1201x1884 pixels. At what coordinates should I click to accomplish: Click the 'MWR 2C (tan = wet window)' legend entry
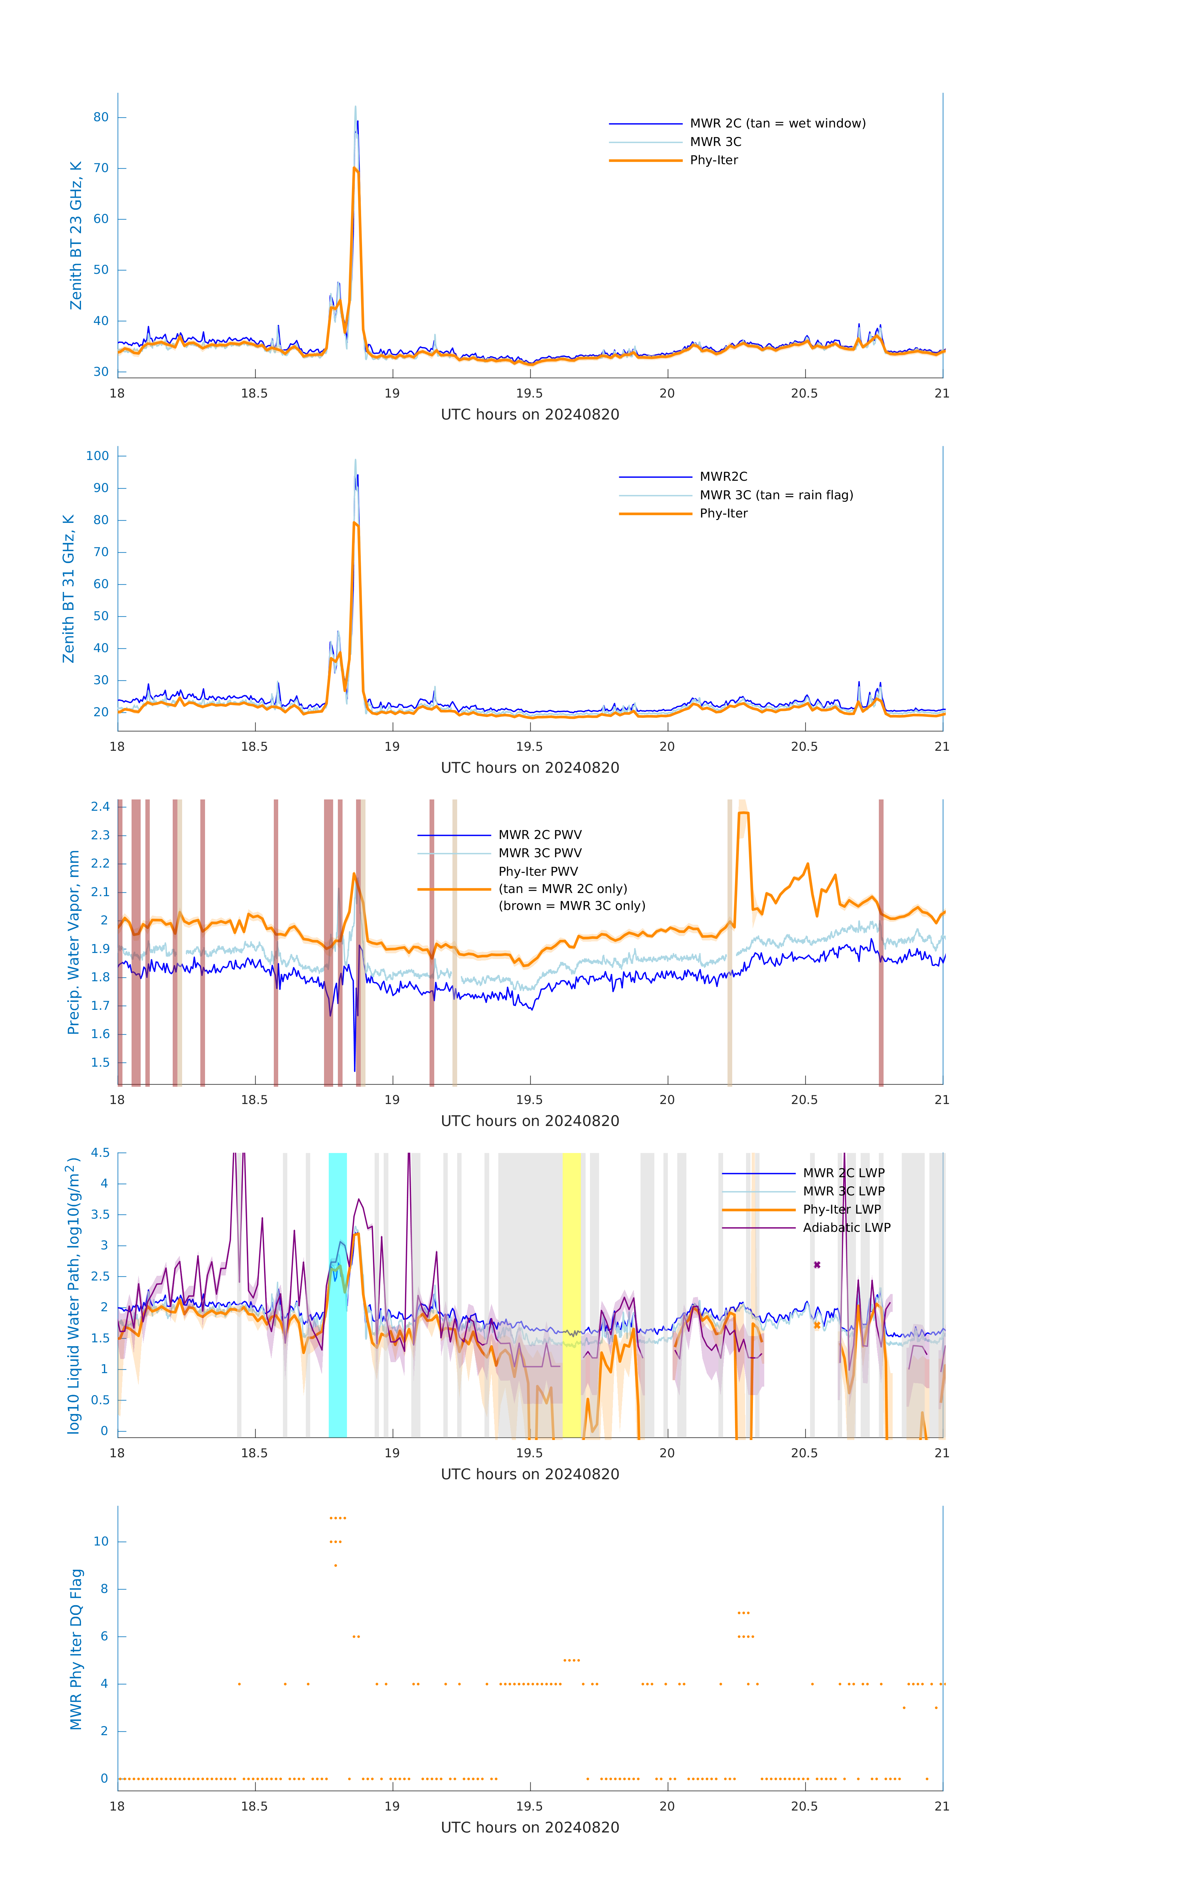777,124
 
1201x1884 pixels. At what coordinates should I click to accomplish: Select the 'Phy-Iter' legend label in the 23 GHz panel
714,160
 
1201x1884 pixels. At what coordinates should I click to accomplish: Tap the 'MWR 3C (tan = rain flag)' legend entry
776,495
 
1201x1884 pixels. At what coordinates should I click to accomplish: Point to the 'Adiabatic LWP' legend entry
846,1227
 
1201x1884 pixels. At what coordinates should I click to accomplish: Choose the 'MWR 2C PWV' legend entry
540,835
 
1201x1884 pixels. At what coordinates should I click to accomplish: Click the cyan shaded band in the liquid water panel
337,1295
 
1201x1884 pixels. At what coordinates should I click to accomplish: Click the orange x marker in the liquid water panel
817,1325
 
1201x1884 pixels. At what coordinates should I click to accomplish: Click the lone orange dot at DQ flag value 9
336,1566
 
